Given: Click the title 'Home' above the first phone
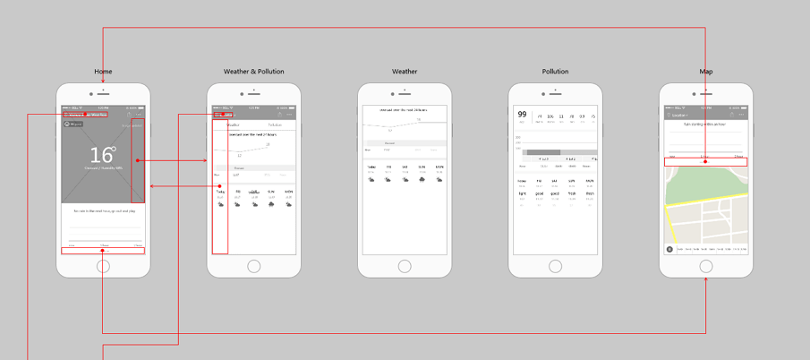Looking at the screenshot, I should point(103,72).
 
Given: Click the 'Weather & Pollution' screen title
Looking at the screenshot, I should point(254,72).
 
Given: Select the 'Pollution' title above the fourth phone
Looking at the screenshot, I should point(555,72).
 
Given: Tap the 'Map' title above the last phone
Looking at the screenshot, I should point(706,72).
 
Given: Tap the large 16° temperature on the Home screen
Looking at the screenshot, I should point(103,156).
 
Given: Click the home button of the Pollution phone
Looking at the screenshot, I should point(555,266).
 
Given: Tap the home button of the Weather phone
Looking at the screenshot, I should point(405,266).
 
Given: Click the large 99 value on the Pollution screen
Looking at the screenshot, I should point(521,115).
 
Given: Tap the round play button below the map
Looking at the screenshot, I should point(669,250).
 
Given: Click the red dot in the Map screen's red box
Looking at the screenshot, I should point(705,162).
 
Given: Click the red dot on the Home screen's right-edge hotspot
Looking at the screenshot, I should point(137,161).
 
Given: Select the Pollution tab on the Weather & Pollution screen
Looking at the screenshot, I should point(274,124).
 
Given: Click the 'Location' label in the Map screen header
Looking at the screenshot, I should point(680,115).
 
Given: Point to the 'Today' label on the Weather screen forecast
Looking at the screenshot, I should point(371,167).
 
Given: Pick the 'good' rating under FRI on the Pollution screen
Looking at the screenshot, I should point(538,193).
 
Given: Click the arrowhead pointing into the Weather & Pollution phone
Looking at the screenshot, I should point(205,161).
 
